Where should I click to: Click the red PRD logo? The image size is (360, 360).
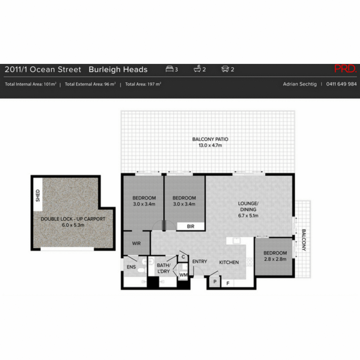pyautogui.click(x=346, y=69)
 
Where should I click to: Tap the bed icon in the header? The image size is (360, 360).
pyautogui.click(x=169, y=69)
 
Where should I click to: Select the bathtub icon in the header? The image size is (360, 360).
pyautogui.click(x=197, y=69)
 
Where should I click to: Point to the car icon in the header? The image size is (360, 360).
pyautogui.click(x=225, y=69)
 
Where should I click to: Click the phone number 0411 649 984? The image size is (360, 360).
pyautogui.click(x=341, y=84)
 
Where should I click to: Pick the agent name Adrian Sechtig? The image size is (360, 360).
pyautogui.click(x=299, y=84)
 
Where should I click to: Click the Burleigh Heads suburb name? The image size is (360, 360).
pyautogui.click(x=118, y=70)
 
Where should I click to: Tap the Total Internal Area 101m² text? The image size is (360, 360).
pyautogui.click(x=31, y=84)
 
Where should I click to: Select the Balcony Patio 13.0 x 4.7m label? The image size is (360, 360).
pyautogui.click(x=210, y=142)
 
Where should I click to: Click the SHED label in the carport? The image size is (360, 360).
pyautogui.click(x=38, y=195)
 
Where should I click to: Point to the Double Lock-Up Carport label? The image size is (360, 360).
pyautogui.click(x=73, y=222)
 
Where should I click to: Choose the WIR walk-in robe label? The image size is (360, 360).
pyautogui.click(x=136, y=243)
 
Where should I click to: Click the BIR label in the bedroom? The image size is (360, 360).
pyautogui.click(x=190, y=226)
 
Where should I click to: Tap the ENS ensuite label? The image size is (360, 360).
pyautogui.click(x=131, y=267)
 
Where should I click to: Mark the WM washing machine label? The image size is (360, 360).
pyautogui.click(x=183, y=275)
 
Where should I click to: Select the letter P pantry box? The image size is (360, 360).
pyautogui.click(x=215, y=282)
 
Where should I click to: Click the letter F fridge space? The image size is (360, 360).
pyautogui.click(x=228, y=283)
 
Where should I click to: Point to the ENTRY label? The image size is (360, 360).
pyautogui.click(x=199, y=262)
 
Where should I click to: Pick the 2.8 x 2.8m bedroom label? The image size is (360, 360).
pyautogui.click(x=275, y=256)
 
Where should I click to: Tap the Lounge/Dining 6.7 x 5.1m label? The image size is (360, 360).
pyautogui.click(x=248, y=209)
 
